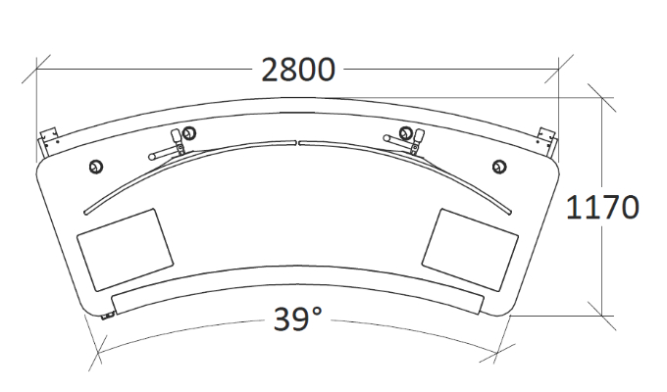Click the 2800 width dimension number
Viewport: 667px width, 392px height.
[x=298, y=70]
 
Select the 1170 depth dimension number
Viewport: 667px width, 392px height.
[x=602, y=208]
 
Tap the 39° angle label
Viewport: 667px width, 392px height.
[x=297, y=319]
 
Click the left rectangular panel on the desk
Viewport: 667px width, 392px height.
[x=126, y=250]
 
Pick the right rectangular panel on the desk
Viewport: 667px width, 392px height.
[x=470, y=250]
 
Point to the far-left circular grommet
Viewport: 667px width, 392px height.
[x=96, y=167]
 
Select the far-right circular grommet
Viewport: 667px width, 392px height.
[x=499, y=167]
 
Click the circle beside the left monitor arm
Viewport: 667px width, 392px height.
[x=189, y=133]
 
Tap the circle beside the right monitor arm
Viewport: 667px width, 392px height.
[x=406, y=133]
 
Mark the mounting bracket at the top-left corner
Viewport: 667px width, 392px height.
[x=48, y=142]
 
